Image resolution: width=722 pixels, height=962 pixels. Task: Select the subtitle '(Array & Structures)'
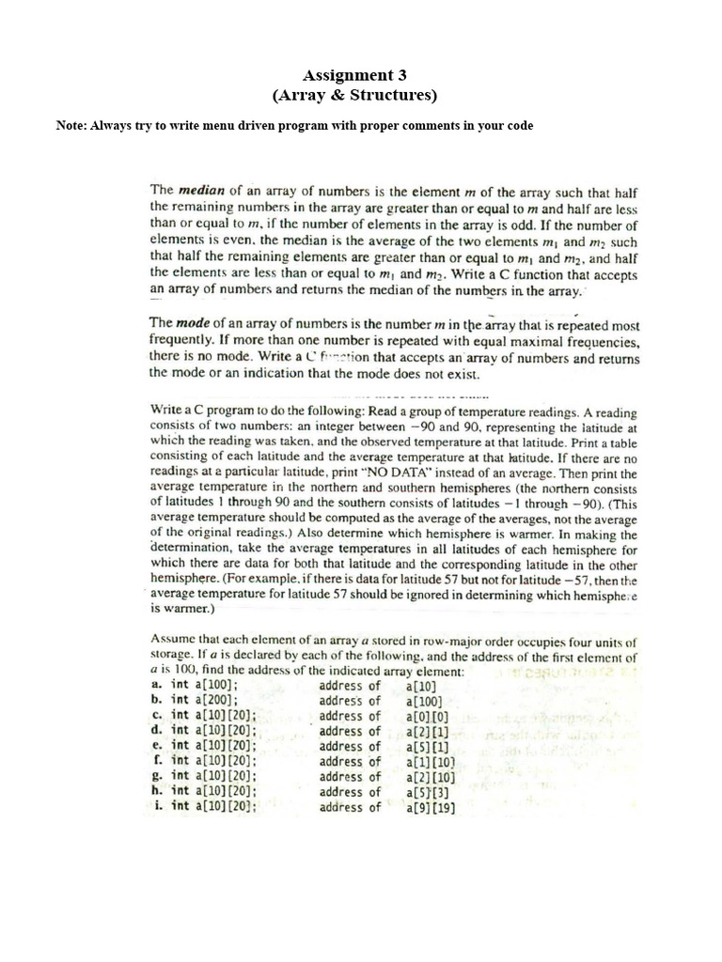point(354,95)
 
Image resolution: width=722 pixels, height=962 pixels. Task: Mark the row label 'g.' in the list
point(157,776)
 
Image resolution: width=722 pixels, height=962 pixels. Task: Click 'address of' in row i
point(350,807)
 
